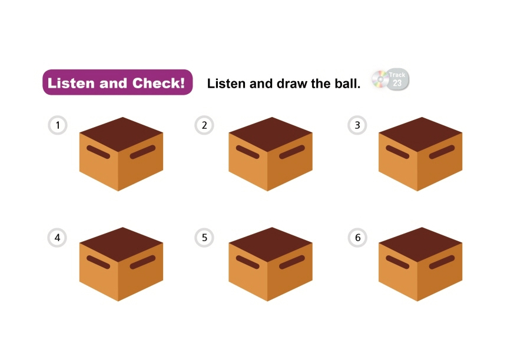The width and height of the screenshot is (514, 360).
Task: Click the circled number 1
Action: pos(58,125)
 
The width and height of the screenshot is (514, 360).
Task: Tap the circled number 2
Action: pos(204,125)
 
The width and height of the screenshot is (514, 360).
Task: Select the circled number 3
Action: pos(357,125)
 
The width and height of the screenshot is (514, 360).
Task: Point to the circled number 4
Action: pos(57,238)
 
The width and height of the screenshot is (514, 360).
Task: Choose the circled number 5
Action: pos(204,238)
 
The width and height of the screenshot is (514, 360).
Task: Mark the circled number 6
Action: pos(357,238)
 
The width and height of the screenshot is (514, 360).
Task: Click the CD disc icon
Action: pos(380,79)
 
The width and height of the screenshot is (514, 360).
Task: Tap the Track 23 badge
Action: pos(397,79)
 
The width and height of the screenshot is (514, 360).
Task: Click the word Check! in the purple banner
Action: pos(158,83)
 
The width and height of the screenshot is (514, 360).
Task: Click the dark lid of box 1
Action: pos(121,134)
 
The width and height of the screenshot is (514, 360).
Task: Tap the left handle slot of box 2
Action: pos(247,152)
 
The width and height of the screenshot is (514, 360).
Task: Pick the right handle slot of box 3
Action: pos(442,152)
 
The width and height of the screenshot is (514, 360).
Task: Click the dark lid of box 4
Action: pos(121,244)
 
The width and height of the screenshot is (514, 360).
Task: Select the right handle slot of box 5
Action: pos(292,262)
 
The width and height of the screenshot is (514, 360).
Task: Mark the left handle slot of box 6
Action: pos(397,262)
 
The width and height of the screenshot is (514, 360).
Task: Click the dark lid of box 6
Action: pos(420,244)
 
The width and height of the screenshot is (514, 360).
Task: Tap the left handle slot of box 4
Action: pos(98,262)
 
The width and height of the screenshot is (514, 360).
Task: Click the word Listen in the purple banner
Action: pos(71,83)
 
